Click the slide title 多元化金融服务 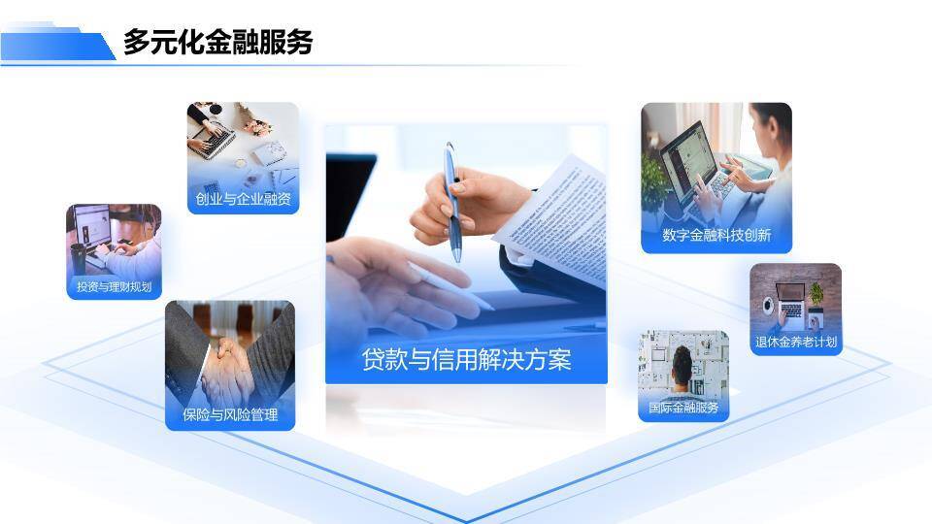[217, 43]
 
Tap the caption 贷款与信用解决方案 [466, 360]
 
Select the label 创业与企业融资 [243, 201]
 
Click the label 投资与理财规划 [114, 286]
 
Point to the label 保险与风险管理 [230, 415]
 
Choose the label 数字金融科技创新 [716, 235]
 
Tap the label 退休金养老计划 [795, 342]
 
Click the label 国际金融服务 [683, 408]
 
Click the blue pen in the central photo [453, 199]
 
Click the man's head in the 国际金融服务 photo [682, 362]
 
